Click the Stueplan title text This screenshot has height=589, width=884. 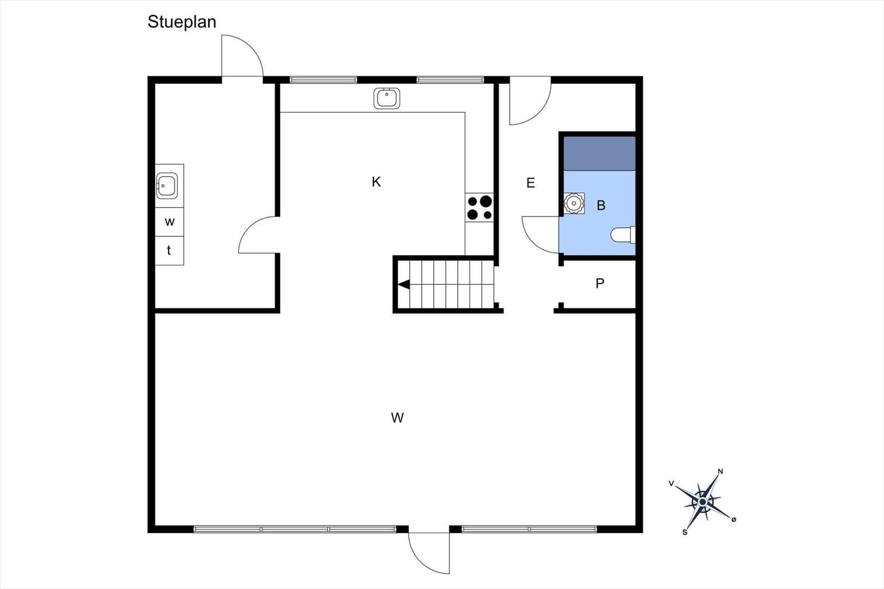click(x=182, y=22)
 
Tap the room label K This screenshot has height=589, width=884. click(x=376, y=182)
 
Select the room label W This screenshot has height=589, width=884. click(x=397, y=418)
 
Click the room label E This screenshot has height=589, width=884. click(x=531, y=183)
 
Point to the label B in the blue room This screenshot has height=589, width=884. click(x=601, y=205)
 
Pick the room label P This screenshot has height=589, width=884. click(x=600, y=284)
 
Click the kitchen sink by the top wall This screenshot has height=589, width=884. click(x=387, y=99)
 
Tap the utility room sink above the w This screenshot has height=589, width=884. click(x=166, y=185)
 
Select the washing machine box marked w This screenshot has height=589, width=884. click(x=169, y=222)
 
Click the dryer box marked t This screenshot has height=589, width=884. click(x=169, y=251)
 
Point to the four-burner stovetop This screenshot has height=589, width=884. click(x=479, y=208)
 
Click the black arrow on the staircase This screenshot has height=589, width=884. click(x=404, y=285)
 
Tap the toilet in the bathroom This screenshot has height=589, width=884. click(x=623, y=235)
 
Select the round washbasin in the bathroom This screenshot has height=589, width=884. click(x=574, y=204)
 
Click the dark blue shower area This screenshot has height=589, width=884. click(x=599, y=153)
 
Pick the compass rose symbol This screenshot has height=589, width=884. click(x=703, y=502)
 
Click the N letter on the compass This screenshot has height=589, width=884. click(x=720, y=471)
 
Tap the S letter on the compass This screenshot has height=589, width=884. click(x=685, y=532)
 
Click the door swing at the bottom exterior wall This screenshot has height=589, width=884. click(x=429, y=552)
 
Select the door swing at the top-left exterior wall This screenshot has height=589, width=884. click(x=242, y=56)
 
